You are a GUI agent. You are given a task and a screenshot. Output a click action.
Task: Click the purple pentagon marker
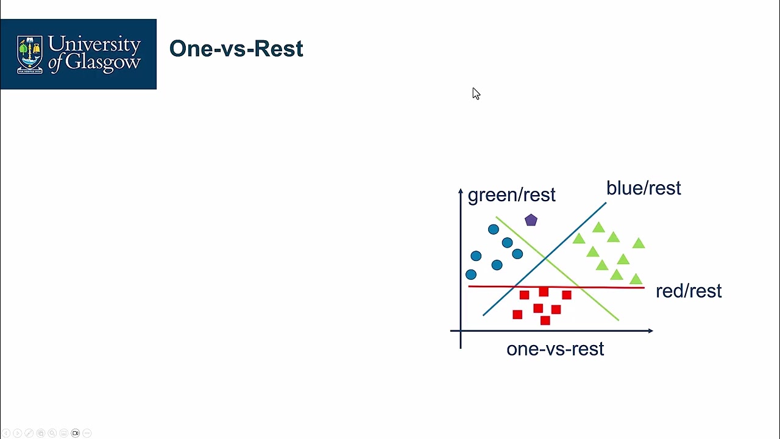point(531,220)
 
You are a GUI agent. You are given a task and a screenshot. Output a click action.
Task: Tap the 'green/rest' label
point(511,195)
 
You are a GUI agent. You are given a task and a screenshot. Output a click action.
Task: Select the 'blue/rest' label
point(643,188)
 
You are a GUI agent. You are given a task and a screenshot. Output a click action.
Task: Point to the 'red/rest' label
point(689,291)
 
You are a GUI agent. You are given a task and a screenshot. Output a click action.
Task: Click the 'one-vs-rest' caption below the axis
point(555,349)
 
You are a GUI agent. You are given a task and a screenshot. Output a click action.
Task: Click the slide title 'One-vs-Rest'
point(236,49)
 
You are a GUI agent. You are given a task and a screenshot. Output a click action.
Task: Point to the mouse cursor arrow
point(475,93)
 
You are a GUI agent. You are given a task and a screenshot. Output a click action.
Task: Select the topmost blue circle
point(493,229)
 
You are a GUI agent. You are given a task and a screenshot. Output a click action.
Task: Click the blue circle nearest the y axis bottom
point(471,275)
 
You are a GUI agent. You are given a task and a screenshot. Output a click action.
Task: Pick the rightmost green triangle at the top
point(638,243)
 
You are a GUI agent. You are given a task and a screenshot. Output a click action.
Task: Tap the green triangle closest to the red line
point(636,279)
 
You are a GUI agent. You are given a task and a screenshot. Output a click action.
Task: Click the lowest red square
point(545,320)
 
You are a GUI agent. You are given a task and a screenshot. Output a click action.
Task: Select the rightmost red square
point(567,295)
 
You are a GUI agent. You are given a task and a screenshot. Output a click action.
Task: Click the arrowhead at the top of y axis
point(461,191)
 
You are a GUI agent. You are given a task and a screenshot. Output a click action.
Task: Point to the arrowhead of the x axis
point(650,331)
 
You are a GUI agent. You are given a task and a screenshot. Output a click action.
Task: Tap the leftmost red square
point(517,315)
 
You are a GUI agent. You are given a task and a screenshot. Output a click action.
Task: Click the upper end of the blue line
point(605,204)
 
